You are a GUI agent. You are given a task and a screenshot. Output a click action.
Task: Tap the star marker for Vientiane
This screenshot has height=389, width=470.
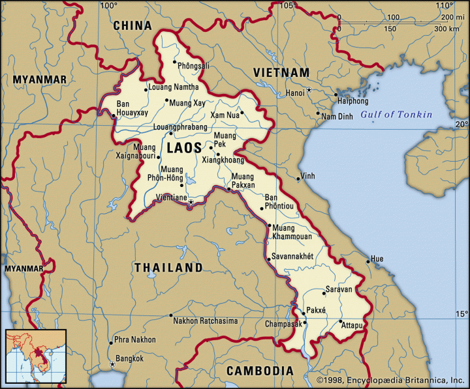191,202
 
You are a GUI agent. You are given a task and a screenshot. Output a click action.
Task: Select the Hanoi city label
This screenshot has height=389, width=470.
295,93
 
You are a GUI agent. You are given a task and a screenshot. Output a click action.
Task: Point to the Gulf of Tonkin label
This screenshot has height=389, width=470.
396,115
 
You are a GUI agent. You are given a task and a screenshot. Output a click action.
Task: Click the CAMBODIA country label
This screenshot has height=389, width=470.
260,371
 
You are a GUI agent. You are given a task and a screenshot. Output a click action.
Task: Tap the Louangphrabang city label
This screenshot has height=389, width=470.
180,127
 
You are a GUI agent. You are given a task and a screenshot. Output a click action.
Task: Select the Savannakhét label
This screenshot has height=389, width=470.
293,257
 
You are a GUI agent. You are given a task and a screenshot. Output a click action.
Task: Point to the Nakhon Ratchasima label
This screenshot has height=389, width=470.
205,321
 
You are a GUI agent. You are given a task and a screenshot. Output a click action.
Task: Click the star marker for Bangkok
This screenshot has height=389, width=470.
112,364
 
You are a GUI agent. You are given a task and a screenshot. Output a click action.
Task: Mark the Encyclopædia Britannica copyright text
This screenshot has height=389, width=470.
391,380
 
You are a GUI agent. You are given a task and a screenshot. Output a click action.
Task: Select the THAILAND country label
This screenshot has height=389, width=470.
168,268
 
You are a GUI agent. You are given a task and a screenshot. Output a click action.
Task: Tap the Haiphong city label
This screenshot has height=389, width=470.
353,101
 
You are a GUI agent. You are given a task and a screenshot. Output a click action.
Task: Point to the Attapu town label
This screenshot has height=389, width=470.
352,325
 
